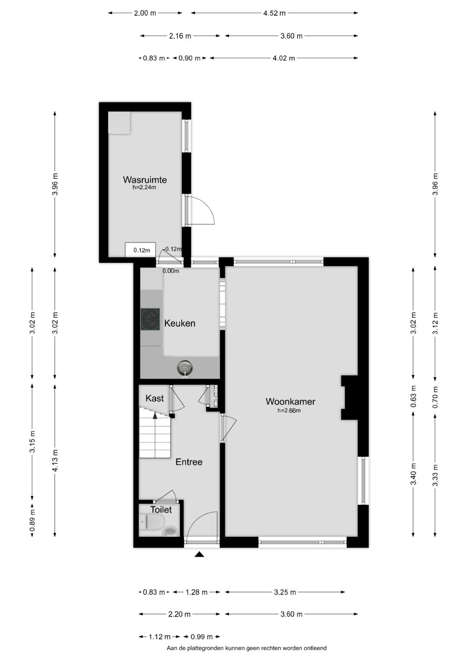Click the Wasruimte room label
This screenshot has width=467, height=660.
pyautogui.click(x=145, y=179)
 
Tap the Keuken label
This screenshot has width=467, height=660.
pyautogui.click(x=179, y=323)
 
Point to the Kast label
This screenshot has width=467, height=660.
pyautogui.click(x=154, y=399)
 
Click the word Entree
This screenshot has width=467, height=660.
pyautogui.click(x=189, y=462)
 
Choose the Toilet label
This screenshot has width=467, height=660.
pyautogui.click(x=161, y=510)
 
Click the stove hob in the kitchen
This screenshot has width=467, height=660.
pyautogui.click(x=150, y=319)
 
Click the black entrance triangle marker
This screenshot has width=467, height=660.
pyautogui.click(x=200, y=555)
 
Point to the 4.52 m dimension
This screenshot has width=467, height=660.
pyautogui.click(x=274, y=13)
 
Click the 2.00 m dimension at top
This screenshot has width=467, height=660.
pyautogui.click(x=145, y=13)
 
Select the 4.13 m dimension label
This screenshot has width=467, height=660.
pyautogui.click(x=55, y=460)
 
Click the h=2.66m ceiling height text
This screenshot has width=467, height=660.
pyautogui.click(x=289, y=411)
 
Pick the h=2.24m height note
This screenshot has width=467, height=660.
pyautogui.click(x=144, y=187)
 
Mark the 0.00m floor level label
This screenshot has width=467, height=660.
pyautogui.click(x=171, y=271)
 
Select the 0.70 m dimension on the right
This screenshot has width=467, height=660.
pyautogui.click(x=435, y=397)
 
